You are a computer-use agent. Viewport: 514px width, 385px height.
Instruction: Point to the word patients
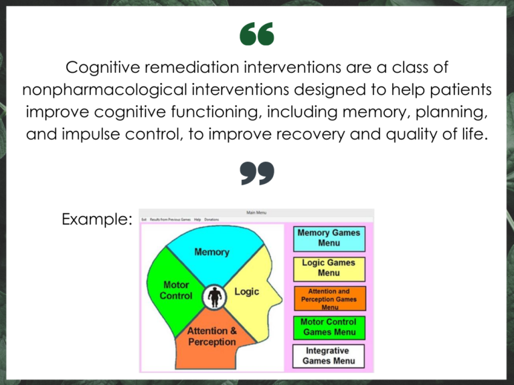(x=458, y=90)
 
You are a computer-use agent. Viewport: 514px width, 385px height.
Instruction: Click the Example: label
(x=96, y=219)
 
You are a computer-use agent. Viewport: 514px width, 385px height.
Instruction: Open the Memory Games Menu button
(x=329, y=238)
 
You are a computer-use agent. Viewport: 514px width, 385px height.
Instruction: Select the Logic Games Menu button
(x=329, y=268)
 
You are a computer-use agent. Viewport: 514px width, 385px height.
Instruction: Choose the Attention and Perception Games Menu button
(x=329, y=299)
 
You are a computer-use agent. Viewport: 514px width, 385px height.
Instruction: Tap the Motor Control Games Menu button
(x=329, y=327)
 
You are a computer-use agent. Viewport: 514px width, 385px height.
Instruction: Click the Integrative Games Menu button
(x=329, y=356)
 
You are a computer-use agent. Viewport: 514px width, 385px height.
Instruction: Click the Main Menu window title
(x=256, y=213)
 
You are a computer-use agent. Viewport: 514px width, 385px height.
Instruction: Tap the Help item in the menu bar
(x=197, y=219)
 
